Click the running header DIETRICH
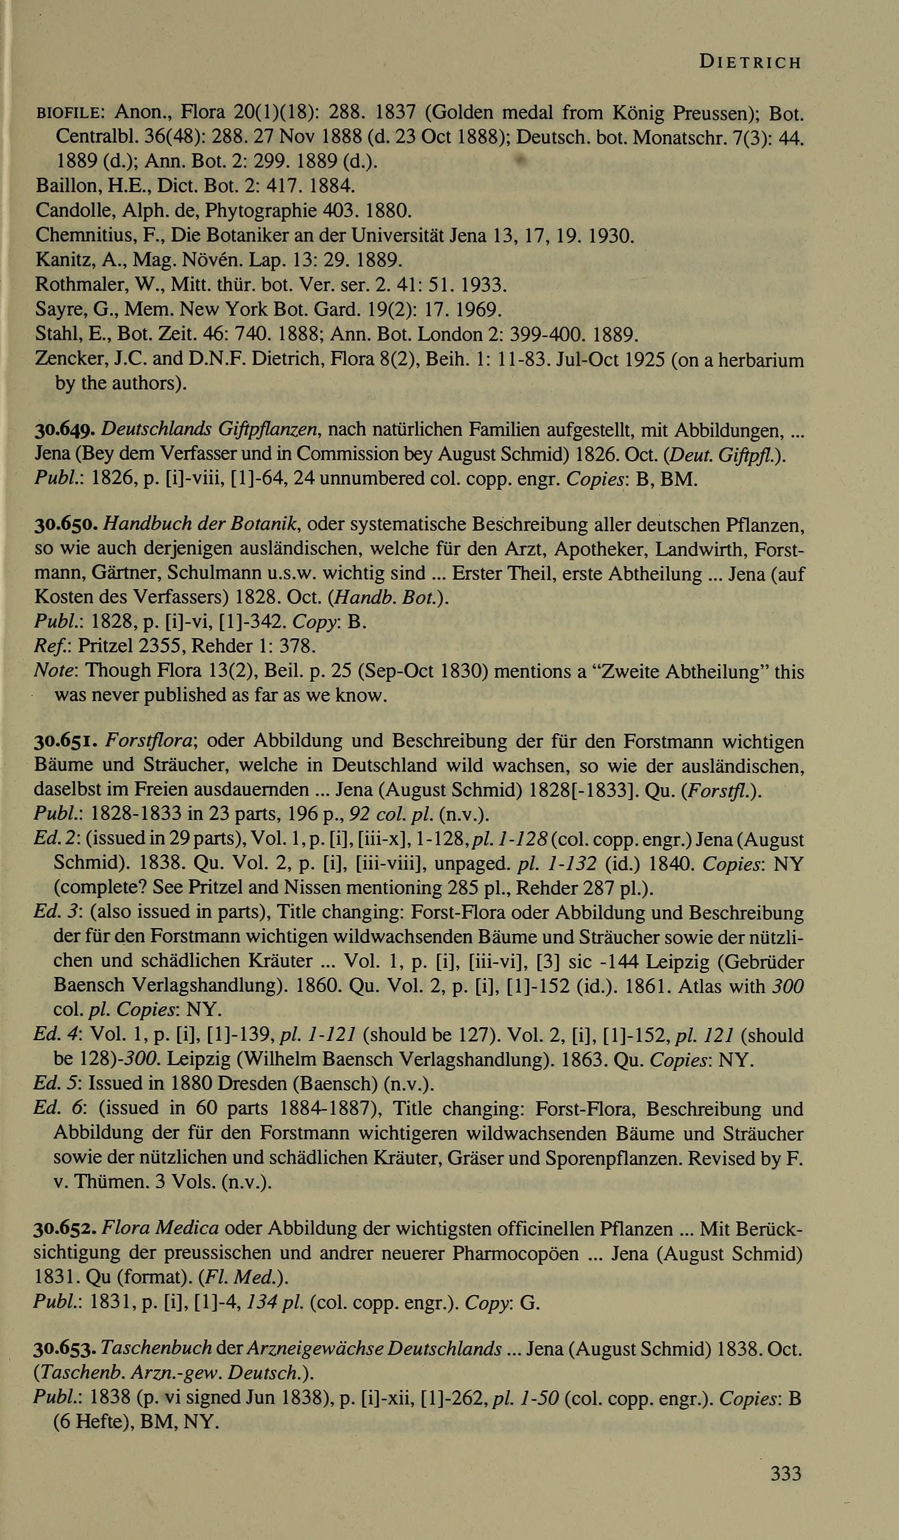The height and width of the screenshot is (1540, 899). click(x=750, y=62)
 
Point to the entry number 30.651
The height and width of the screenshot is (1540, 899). click(x=66, y=741)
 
